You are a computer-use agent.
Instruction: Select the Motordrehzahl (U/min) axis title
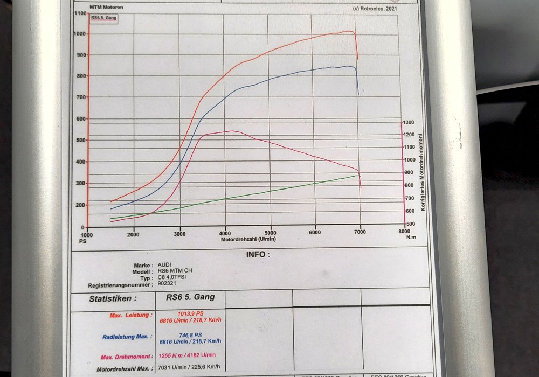tap(248, 239)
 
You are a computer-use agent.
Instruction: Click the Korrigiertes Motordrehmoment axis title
tap(424, 172)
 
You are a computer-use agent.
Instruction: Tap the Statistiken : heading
tap(112, 298)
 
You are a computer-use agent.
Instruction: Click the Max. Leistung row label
tap(130, 315)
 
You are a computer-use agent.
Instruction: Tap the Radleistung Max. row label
tap(125, 337)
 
